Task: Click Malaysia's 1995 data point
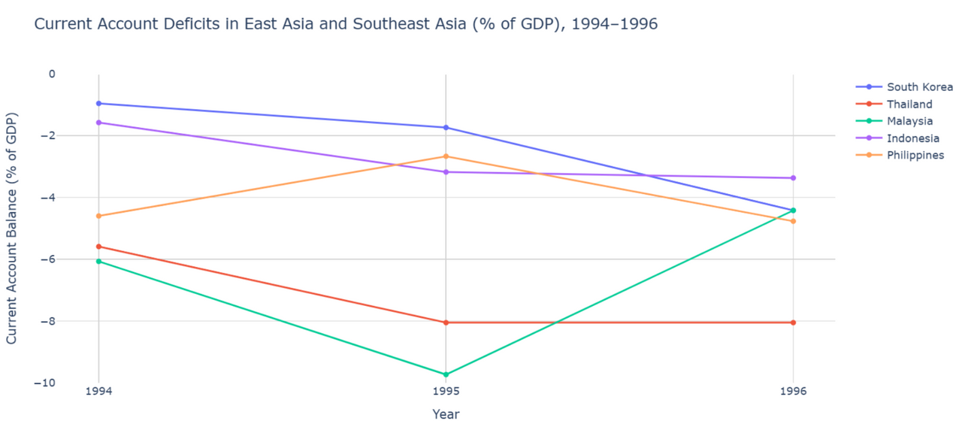point(446,374)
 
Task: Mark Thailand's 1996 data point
point(793,323)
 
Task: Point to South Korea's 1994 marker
point(98,103)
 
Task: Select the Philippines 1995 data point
point(446,156)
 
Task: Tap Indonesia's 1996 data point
point(793,178)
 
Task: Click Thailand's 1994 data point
point(98,247)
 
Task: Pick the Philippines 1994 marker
point(98,216)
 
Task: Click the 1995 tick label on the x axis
point(446,392)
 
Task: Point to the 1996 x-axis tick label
point(793,392)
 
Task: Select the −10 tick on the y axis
point(44,383)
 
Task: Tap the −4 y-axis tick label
point(47,198)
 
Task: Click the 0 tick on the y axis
point(52,74)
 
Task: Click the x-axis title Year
point(446,414)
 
